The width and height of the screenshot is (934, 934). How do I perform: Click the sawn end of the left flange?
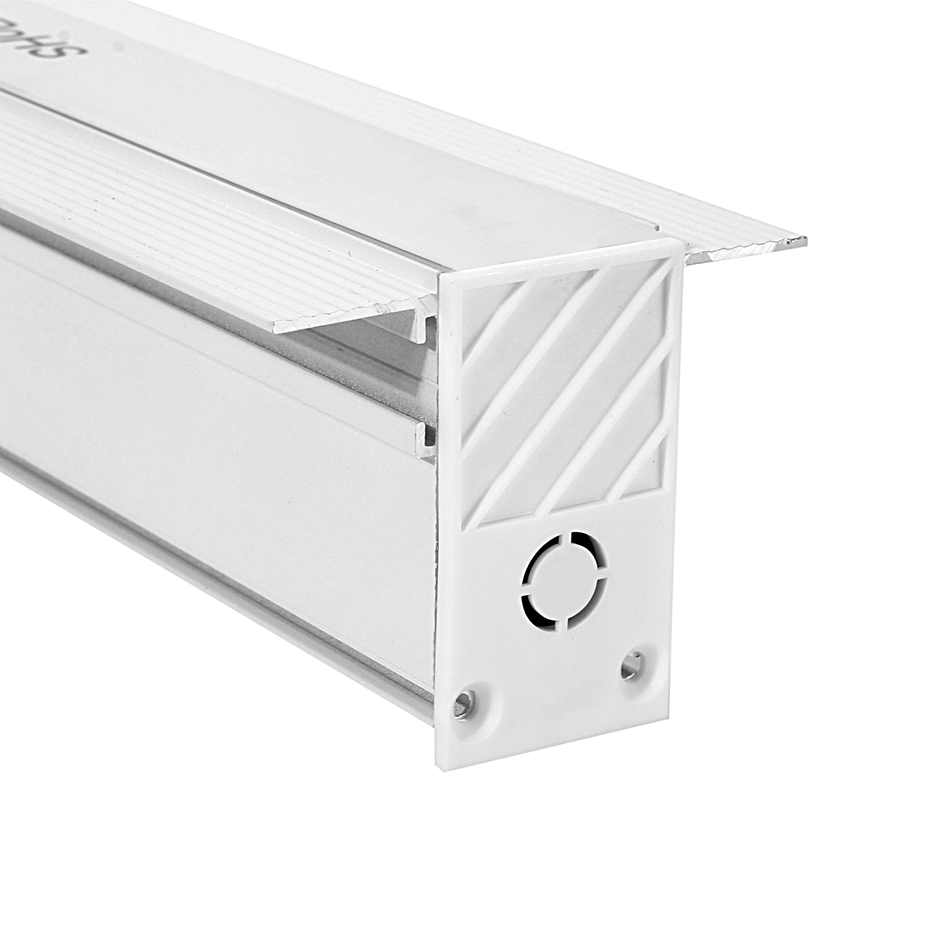tap(280, 327)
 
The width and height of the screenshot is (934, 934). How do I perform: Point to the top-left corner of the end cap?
tap(442, 274)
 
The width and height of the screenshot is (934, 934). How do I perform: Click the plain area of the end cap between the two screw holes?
tap(549, 700)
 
